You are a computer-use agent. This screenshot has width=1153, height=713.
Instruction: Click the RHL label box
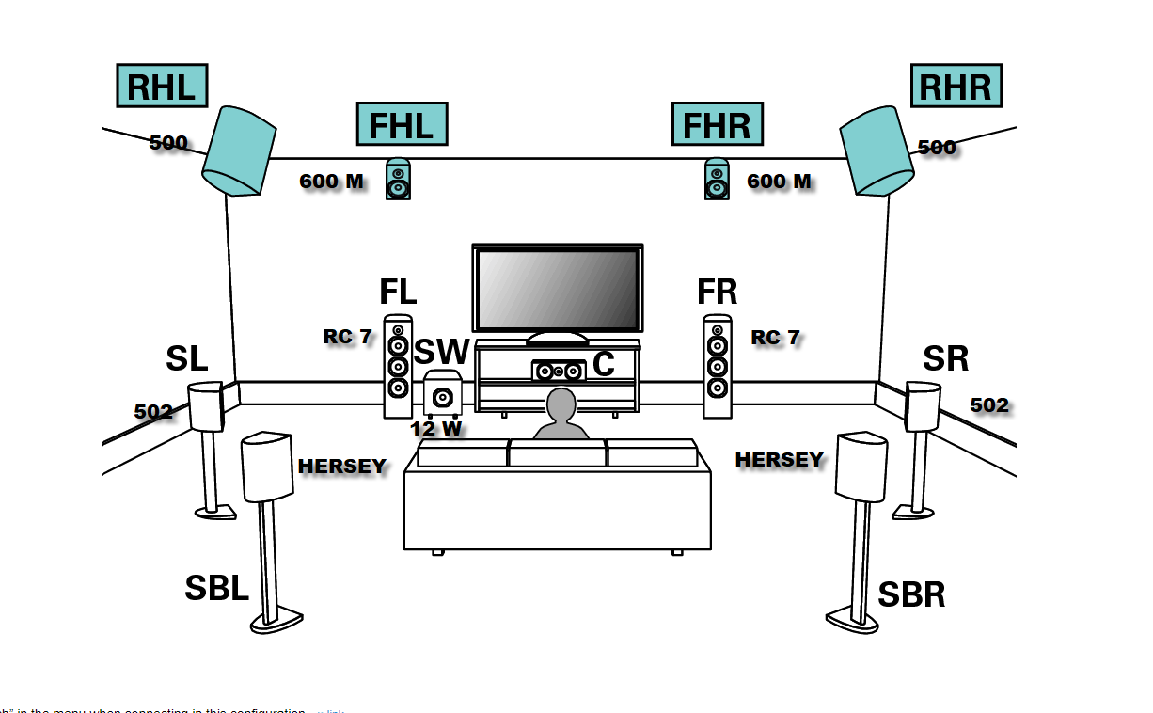tap(161, 87)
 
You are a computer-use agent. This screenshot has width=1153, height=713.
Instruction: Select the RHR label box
tap(956, 87)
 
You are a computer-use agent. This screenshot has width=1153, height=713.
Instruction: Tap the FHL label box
tap(402, 124)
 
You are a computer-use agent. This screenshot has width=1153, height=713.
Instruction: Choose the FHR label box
tap(717, 124)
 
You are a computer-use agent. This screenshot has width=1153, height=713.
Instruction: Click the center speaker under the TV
tap(559, 371)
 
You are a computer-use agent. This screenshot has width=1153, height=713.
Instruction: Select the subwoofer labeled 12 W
tap(441, 395)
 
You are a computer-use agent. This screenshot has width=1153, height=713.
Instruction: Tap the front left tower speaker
tap(399, 366)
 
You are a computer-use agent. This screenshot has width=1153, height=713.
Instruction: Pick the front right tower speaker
tap(718, 366)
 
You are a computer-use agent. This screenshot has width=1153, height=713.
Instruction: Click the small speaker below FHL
tap(399, 179)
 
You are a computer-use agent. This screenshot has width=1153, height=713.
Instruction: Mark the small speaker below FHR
tap(717, 179)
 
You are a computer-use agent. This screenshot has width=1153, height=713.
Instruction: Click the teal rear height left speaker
tap(238, 151)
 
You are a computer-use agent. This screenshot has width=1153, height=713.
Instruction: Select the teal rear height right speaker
tap(877, 151)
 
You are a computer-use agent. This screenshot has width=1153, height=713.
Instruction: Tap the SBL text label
tap(216, 589)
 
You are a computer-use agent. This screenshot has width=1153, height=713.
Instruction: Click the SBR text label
tap(910, 594)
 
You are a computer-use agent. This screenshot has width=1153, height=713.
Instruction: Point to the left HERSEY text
tap(342, 467)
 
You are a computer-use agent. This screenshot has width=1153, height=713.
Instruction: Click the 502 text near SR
tap(989, 405)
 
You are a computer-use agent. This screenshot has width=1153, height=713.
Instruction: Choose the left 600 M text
tap(332, 182)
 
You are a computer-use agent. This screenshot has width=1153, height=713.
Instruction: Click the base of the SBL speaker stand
tap(276, 621)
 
